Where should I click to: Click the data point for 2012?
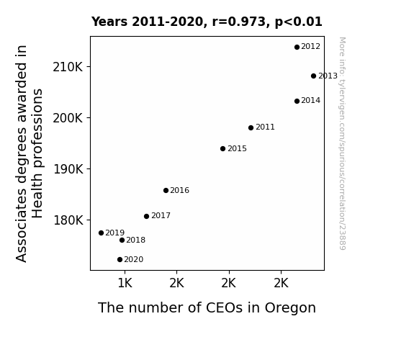[297, 47]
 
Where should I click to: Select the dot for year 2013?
[313, 76]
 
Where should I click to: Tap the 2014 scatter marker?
[297, 101]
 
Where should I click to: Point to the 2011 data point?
[251, 128]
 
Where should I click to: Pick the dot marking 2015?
[223, 149]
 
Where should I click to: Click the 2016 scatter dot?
[166, 190]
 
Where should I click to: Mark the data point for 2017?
[147, 216]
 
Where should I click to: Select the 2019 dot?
[101, 233]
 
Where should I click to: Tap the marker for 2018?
[122, 240]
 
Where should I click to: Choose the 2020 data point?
[120, 260]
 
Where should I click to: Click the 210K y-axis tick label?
[68, 67]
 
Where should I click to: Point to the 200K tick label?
[68, 118]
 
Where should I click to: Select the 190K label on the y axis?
[68, 169]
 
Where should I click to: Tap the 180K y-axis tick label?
[68, 220]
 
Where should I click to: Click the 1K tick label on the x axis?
[125, 284]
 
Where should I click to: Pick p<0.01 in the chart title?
[299, 22]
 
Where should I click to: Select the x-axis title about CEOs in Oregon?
[207, 308]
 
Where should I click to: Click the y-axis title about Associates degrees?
[29, 153]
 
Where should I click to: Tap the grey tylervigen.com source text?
[343, 144]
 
